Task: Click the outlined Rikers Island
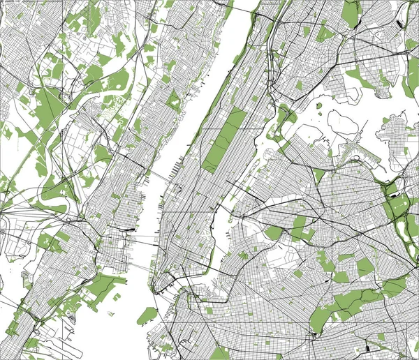tap(341, 123)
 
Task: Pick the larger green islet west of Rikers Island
tap(318, 107)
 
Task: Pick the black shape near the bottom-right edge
tap(367, 346)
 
